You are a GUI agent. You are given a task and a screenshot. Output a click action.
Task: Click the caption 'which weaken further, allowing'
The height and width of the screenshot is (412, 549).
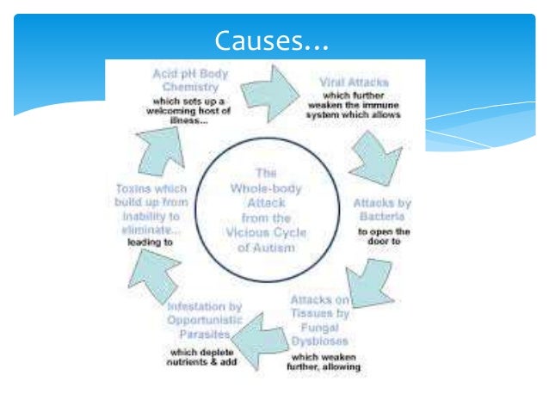point(325,362)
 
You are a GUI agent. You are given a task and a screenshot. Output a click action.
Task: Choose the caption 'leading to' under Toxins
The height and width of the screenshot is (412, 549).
point(151,242)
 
